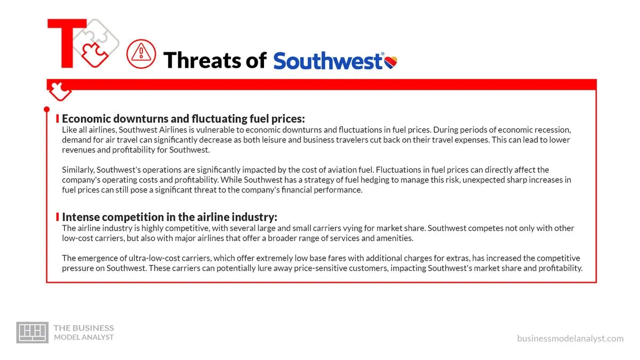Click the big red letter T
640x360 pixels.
(x=67, y=43)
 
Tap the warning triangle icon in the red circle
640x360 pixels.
(x=141, y=54)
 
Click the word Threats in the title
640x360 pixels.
(x=203, y=60)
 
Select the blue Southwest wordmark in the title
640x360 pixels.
(x=327, y=61)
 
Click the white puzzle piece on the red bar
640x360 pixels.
(x=60, y=91)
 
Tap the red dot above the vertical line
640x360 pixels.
(x=47, y=109)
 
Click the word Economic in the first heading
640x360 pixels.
(x=86, y=118)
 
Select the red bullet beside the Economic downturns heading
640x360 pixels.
(x=58, y=118)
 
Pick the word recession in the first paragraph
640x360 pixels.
(x=553, y=130)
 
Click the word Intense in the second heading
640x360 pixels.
(x=81, y=217)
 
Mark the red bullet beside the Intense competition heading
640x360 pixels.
(x=58, y=217)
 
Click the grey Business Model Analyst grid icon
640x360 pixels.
(x=33, y=332)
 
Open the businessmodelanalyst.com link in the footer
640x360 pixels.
(x=570, y=339)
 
